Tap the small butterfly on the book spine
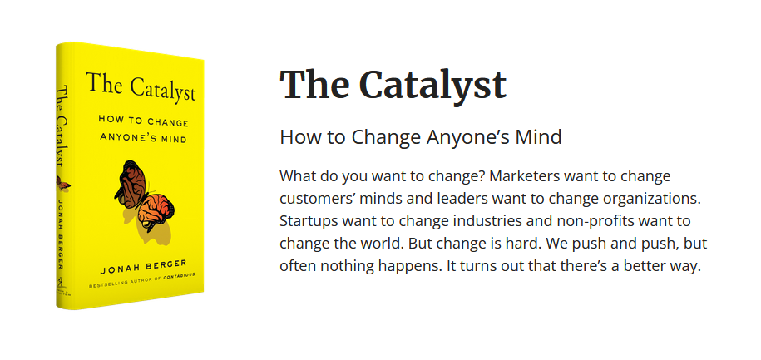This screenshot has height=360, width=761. [63, 184]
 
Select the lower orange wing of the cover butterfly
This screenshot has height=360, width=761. [156, 211]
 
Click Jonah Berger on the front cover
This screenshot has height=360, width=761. [143, 268]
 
